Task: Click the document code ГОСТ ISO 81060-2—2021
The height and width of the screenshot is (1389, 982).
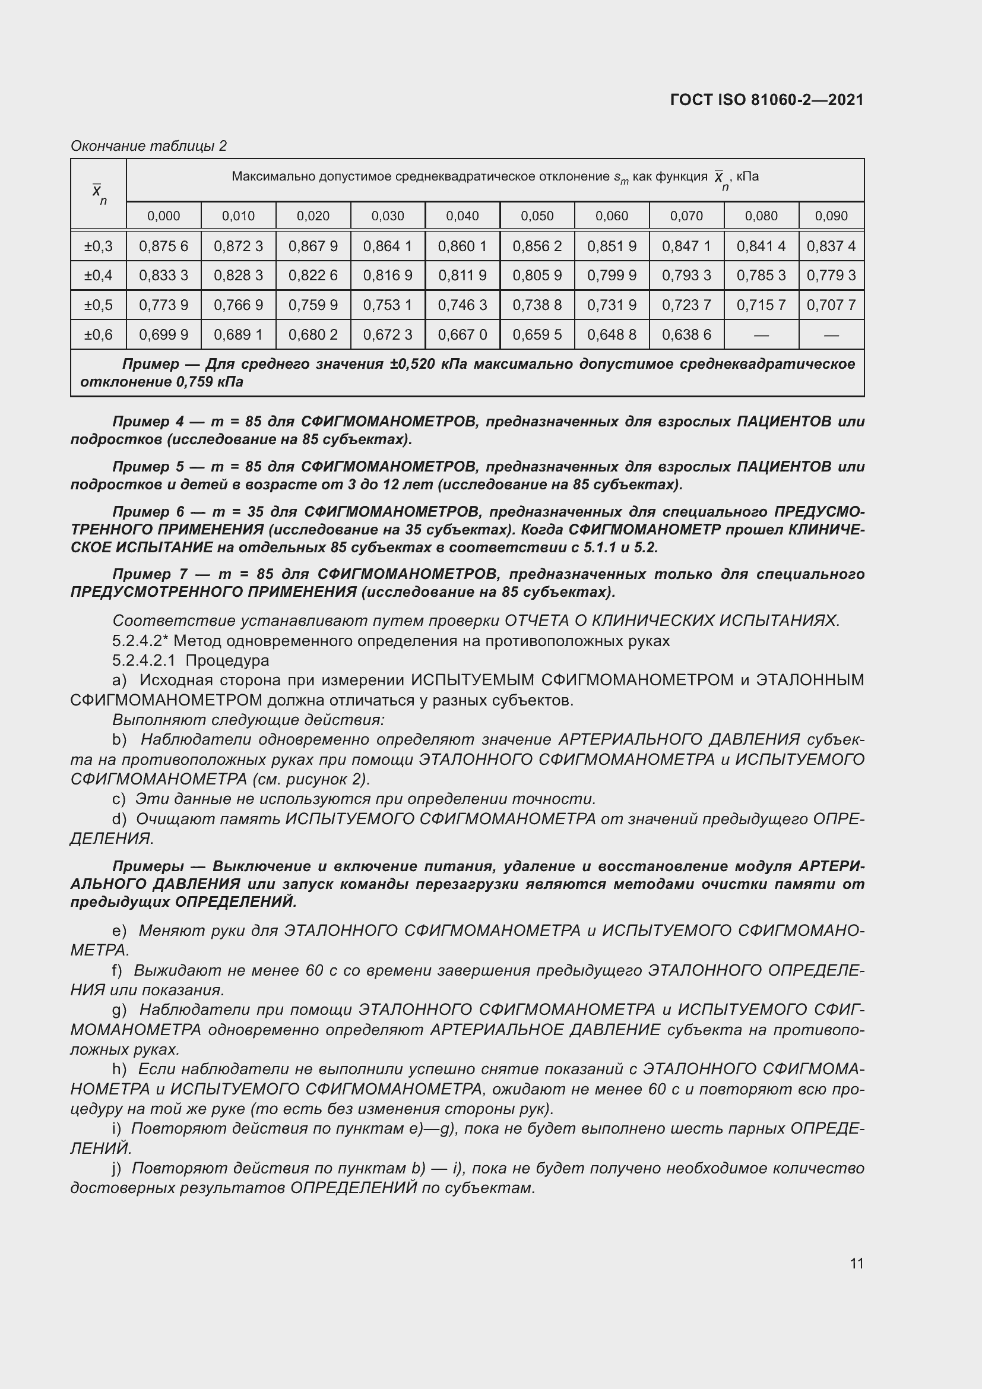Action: (x=766, y=100)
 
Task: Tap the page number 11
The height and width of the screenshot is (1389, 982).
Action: (x=856, y=1263)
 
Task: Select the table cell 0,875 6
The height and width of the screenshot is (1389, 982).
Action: (x=163, y=246)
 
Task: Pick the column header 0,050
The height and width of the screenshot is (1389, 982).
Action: (x=537, y=216)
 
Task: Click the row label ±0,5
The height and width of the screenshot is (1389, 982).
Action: (x=99, y=305)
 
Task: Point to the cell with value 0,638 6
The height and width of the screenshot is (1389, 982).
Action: (x=686, y=334)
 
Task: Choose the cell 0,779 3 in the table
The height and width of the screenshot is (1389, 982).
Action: (x=831, y=276)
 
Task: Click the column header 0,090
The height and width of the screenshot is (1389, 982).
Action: (x=831, y=216)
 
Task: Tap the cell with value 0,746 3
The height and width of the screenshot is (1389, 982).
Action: (x=462, y=305)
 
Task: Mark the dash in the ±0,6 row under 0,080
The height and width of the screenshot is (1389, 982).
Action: (x=761, y=335)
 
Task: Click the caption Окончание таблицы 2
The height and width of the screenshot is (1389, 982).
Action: (x=149, y=146)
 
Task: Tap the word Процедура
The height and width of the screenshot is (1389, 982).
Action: (x=227, y=660)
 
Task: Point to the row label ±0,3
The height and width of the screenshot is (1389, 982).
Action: (x=99, y=246)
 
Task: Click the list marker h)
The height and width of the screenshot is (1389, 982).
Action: (x=119, y=1069)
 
